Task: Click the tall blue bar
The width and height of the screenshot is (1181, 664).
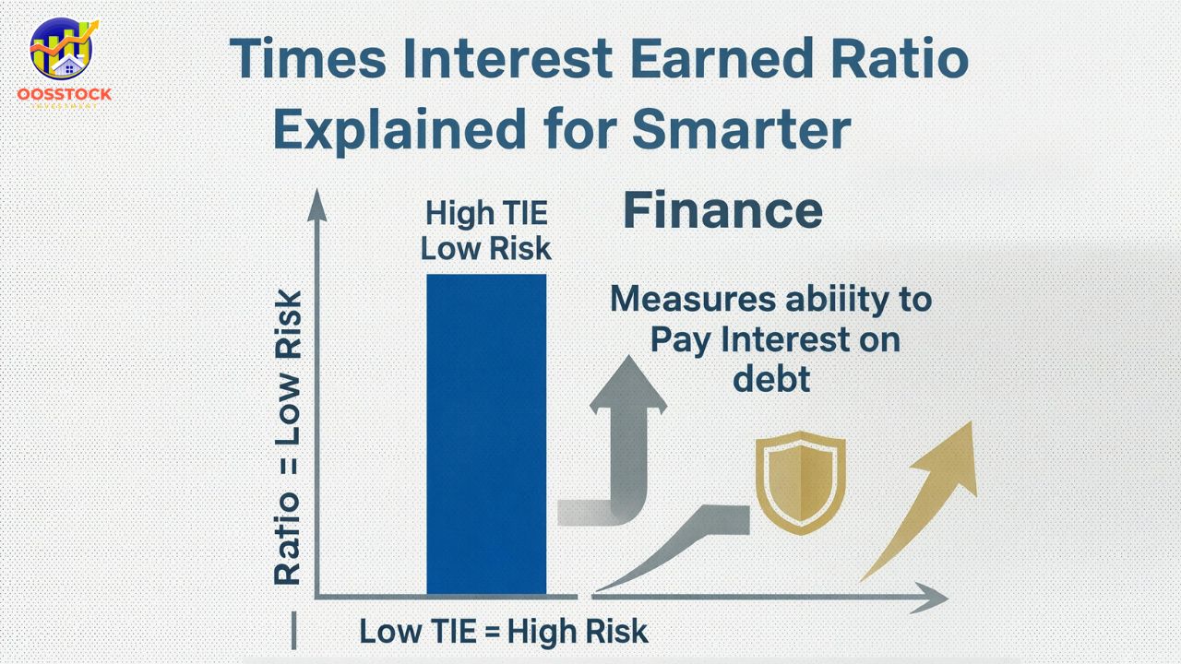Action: (486, 433)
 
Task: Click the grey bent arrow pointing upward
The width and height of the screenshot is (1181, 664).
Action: (623, 443)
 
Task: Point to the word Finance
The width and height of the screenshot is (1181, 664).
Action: (722, 210)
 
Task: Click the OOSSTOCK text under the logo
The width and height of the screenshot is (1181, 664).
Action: (65, 94)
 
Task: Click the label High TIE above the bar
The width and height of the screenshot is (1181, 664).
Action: (486, 214)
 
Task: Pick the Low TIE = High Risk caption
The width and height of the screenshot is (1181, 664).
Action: (503, 632)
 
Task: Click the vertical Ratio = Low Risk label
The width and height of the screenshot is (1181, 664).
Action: (288, 438)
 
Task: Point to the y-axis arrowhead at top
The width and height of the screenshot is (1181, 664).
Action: (316, 205)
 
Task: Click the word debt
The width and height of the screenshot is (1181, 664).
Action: (772, 378)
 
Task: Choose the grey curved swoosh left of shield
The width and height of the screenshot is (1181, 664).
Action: (674, 544)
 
